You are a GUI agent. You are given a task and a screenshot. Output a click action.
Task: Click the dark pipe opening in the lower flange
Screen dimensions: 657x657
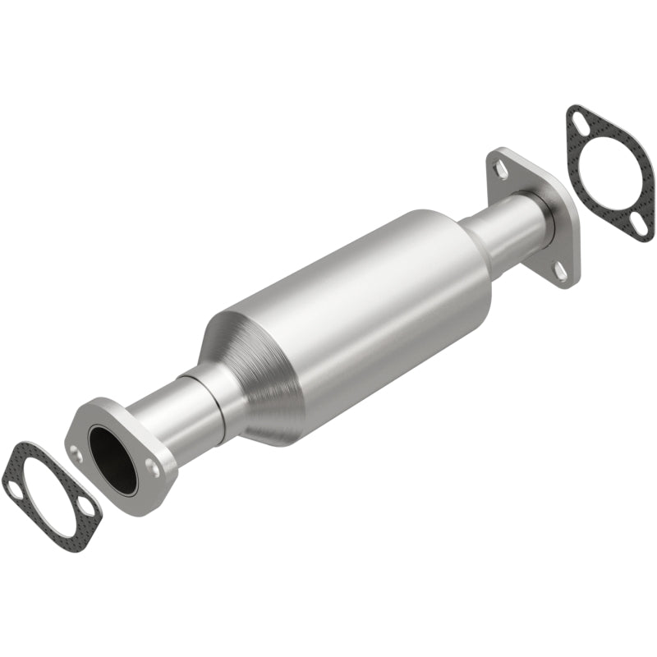[113, 460]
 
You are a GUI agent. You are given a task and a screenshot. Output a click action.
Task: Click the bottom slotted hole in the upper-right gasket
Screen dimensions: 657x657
[640, 223]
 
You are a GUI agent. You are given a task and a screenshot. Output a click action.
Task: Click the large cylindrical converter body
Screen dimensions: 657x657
[370, 304]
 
